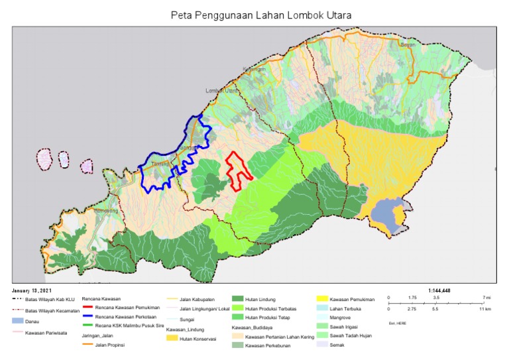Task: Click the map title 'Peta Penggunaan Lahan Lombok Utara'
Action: pos(260,15)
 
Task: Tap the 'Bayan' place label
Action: pos(408,44)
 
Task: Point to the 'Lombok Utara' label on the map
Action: pos(222,90)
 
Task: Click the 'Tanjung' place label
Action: pos(160,163)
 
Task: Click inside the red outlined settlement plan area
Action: pos(237,170)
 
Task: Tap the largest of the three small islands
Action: pos(45,159)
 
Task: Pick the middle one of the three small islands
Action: pos(64,160)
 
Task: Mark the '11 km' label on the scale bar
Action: pos(484,309)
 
